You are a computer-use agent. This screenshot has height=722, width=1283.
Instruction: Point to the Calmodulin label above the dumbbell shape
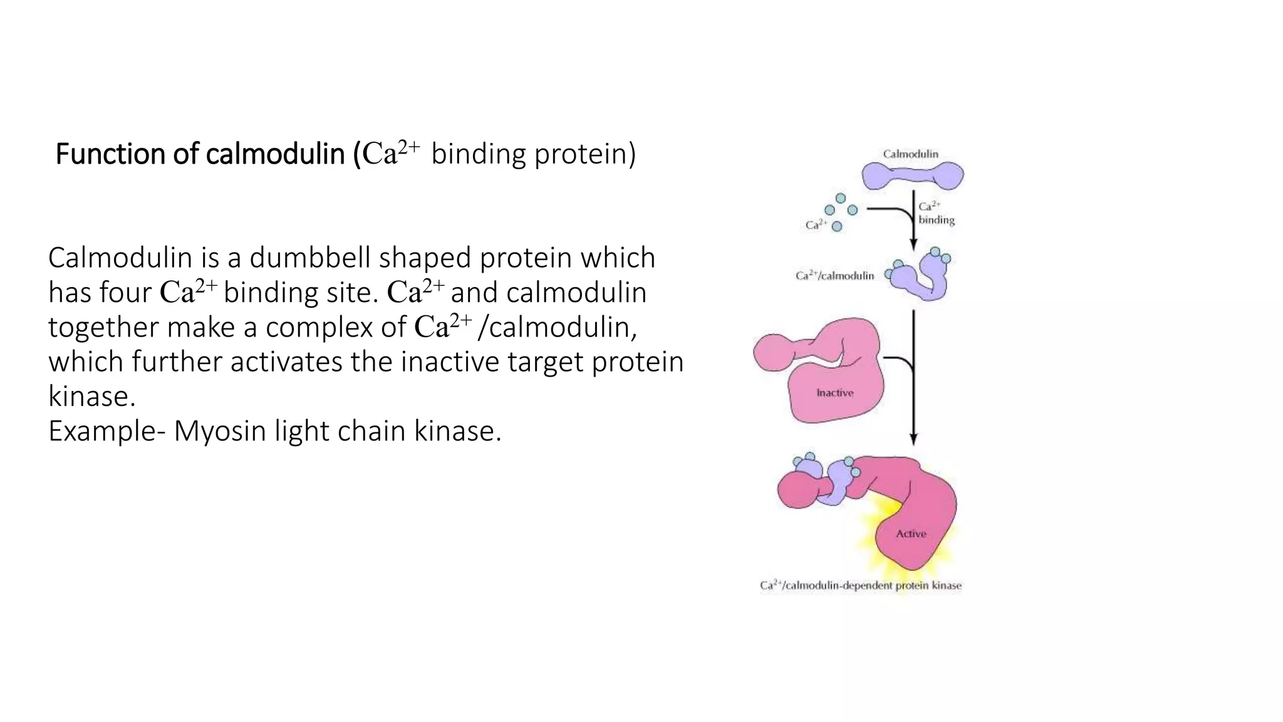pos(910,154)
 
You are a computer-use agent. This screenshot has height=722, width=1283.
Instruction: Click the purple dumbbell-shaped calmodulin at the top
pos(913,175)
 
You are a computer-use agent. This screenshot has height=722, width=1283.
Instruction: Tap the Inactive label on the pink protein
pos(834,393)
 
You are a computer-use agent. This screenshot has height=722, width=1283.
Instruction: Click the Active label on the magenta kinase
pos(910,534)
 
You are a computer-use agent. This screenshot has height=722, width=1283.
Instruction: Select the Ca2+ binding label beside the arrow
pos(936,213)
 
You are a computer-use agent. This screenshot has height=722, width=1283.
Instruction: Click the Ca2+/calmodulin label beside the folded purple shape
pos(834,276)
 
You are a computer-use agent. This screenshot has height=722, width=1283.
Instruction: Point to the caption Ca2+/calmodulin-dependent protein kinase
pos(860,586)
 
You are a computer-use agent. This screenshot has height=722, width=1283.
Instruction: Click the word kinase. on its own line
pos(91,396)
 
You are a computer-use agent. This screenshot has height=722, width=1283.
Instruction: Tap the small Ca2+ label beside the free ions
pos(816,225)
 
